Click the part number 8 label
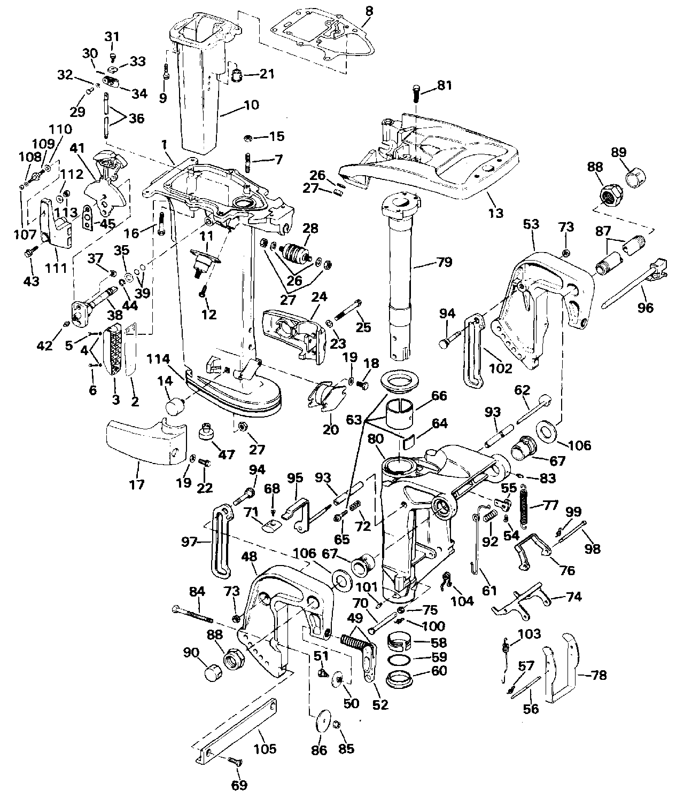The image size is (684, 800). click(369, 11)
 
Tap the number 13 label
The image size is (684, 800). click(496, 213)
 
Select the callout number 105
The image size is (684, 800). click(265, 749)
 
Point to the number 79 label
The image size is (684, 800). click(444, 262)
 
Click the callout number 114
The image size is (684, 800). click(158, 359)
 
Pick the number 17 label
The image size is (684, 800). click(137, 484)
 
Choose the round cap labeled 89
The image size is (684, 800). click(636, 177)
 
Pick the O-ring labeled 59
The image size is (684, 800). click(400, 658)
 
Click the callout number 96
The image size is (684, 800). click(645, 308)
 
